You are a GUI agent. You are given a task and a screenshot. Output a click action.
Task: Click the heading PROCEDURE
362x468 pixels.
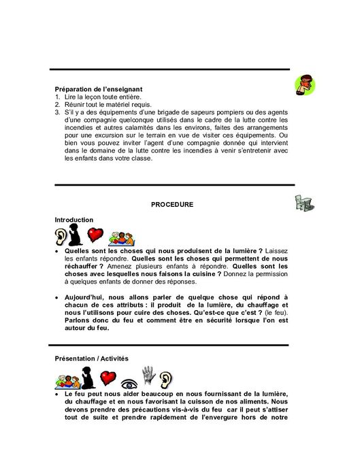click(172, 204)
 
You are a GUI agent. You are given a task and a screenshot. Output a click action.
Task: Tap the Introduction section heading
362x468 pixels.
click(73, 220)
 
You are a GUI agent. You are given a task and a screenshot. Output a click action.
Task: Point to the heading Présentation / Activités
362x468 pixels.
click(91, 358)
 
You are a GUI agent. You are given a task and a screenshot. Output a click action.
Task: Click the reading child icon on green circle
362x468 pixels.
click(305, 85)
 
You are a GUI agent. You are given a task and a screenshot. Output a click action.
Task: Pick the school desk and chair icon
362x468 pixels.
click(303, 203)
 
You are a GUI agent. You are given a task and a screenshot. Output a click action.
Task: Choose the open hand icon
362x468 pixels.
click(148, 375)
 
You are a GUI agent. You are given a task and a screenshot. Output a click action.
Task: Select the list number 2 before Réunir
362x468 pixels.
click(57, 105)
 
